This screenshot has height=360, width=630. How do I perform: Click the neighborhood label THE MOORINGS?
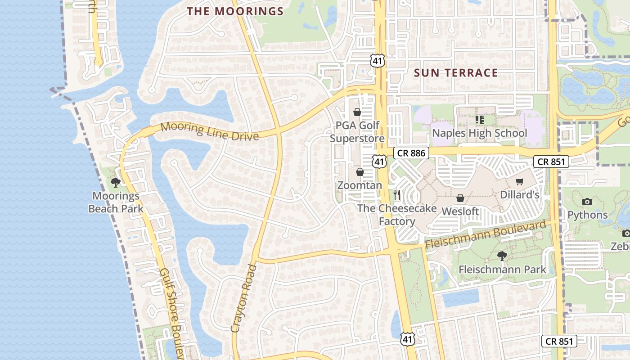point(235,11)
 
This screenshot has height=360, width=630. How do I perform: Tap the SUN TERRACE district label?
point(455,73)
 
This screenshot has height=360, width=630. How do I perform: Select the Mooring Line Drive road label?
point(209,131)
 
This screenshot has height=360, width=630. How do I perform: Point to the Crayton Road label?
point(243,298)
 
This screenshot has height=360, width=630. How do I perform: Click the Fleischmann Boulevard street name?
point(488,235)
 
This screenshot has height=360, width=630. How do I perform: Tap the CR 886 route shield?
point(411,153)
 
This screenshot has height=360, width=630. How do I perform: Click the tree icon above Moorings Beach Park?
point(116,182)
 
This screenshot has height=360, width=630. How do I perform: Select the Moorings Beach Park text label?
point(116,202)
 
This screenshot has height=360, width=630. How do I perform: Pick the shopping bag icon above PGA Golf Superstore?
point(357,112)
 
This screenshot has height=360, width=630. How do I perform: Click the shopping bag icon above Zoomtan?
point(360,172)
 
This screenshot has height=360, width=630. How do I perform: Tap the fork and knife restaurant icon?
point(397,194)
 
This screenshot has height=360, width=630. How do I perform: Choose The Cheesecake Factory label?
point(397,215)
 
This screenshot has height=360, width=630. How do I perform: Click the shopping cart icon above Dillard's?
point(520,181)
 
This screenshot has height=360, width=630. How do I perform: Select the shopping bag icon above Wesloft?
point(460,198)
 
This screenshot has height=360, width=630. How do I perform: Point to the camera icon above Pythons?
point(587,202)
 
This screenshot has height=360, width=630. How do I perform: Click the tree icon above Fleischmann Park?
point(502,256)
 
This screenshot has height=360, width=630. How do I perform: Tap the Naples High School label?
point(479,133)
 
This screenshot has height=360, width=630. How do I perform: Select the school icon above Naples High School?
point(479,119)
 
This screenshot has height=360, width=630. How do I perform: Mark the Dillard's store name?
point(520,195)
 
